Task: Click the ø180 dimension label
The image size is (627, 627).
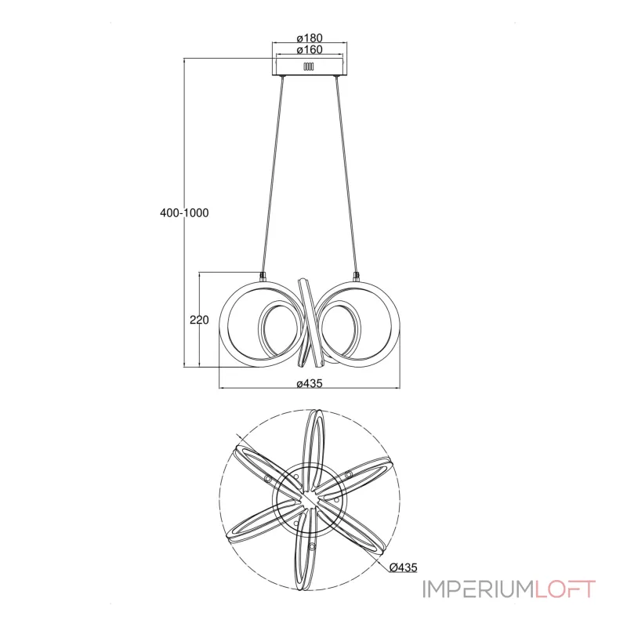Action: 310,38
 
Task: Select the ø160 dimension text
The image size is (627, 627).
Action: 310,49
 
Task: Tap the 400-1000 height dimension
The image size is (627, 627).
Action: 184,212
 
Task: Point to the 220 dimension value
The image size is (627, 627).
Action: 199,320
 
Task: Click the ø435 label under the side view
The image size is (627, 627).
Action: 310,383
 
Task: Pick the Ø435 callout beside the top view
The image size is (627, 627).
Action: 403,567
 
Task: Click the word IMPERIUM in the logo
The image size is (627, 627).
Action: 478,589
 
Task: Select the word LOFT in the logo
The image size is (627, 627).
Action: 565,589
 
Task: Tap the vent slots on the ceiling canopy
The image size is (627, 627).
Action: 309,67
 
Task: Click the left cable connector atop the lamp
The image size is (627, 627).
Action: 263,276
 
